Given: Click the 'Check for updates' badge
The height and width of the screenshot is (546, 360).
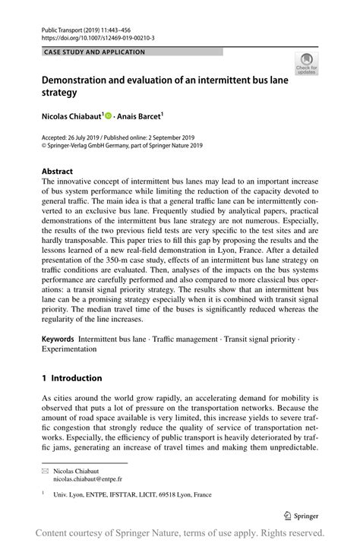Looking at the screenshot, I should (x=306, y=64).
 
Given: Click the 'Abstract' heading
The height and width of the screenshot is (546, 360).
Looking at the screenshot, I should (x=58, y=172).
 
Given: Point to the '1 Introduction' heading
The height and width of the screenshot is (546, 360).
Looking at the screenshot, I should (x=71, y=377).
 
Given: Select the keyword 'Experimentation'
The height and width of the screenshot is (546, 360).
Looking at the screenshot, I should (x=69, y=349).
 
